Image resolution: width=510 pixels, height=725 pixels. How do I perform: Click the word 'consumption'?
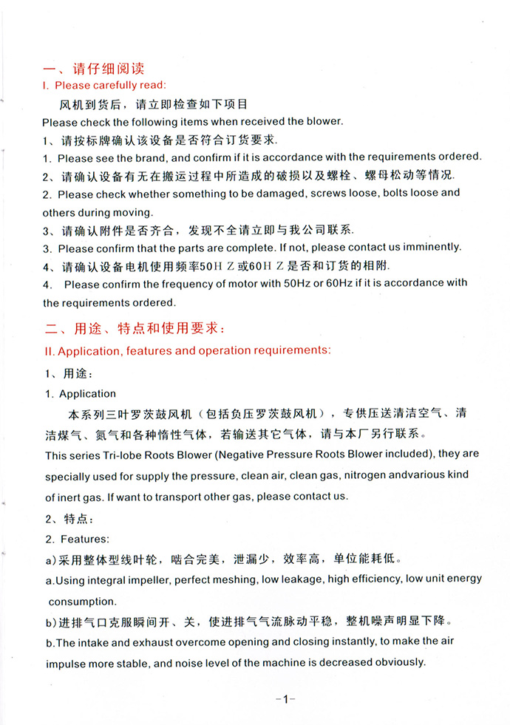[x=82, y=602]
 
